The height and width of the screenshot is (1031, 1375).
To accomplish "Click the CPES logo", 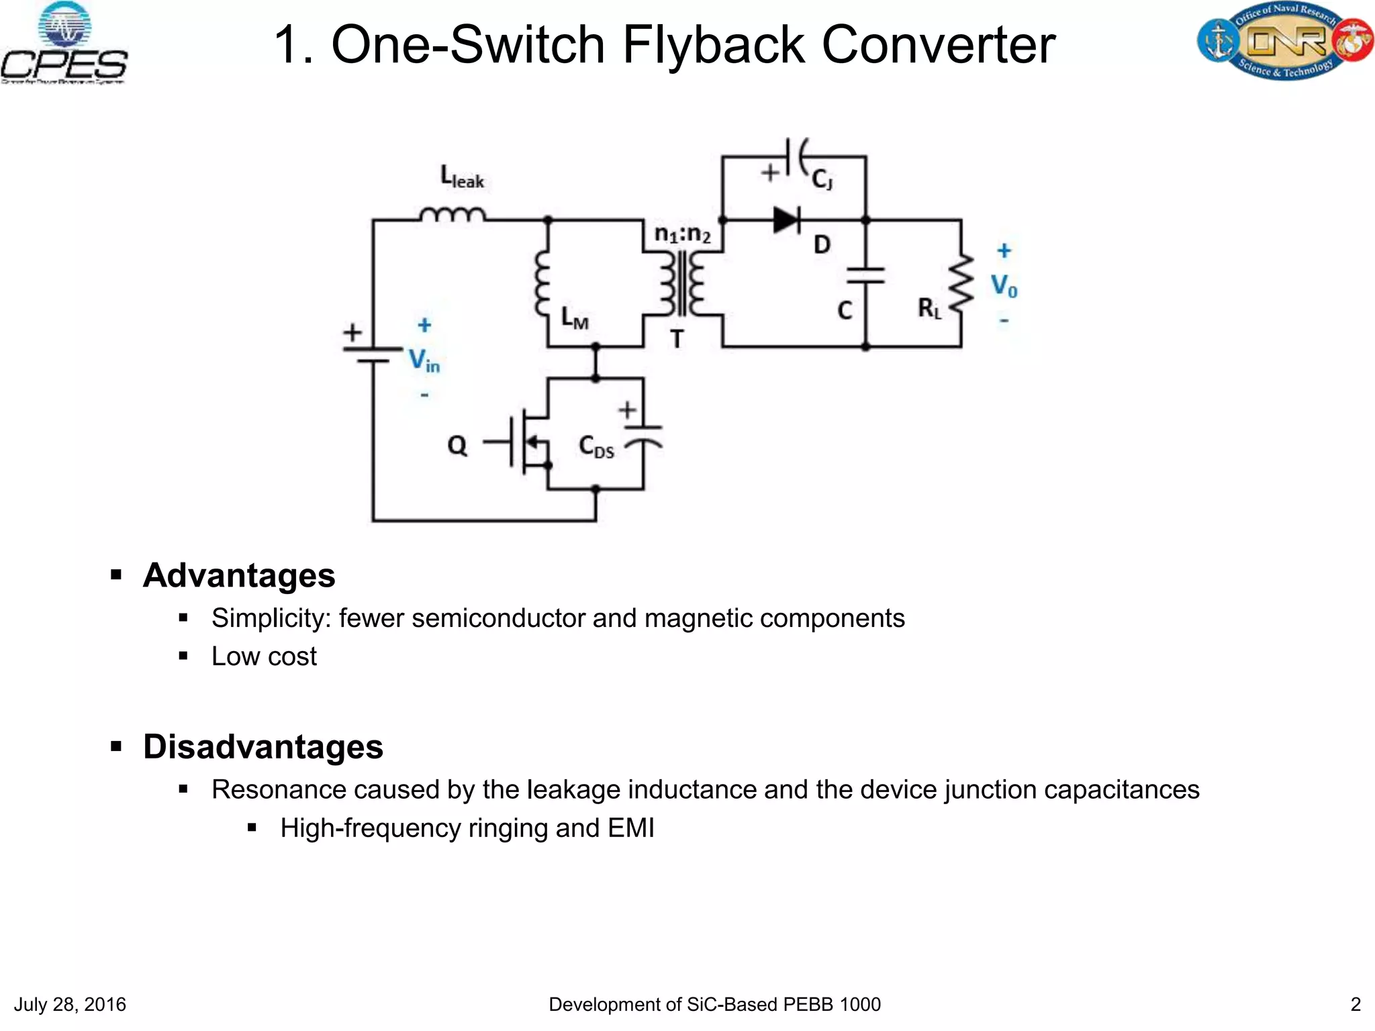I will (x=64, y=44).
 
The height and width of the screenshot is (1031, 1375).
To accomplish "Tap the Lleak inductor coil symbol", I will (x=453, y=214).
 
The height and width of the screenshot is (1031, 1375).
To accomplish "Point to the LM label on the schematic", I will (x=575, y=317).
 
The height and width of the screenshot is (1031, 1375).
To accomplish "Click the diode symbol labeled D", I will (x=786, y=219).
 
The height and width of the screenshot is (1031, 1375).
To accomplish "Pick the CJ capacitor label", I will (x=822, y=179).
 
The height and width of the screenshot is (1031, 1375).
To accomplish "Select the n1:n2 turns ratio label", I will (x=682, y=234).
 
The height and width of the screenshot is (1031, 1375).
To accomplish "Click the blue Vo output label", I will (x=1004, y=286).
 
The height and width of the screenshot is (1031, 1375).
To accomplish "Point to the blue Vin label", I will (x=424, y=360).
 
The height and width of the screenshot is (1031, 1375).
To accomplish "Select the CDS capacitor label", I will (x=596, y=446).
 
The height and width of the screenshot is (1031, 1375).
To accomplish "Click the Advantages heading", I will (x=239, y=576).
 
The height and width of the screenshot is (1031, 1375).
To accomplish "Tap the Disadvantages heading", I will (x=263, y=747).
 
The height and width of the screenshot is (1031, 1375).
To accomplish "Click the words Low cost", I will (x=264, y=656).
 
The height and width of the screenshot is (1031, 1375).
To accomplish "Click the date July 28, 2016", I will (x=70, y=1004).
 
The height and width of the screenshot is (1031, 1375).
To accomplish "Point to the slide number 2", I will (x=1355, y=1004).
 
